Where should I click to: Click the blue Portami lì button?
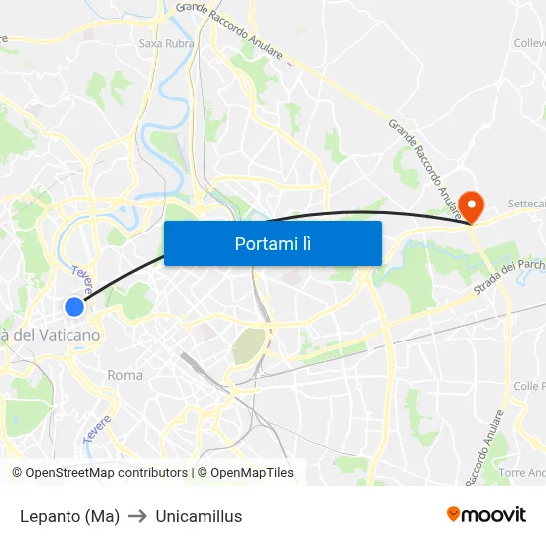pos(272,243)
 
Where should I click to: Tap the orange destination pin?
pos(474,204)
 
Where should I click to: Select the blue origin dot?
pos(74,307)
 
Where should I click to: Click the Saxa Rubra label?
pos(166,43)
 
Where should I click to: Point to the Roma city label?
pos(125,375)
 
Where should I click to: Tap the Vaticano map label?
pos(50,335)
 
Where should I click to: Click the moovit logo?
pos(485,514)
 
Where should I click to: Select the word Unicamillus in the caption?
pos(199,516)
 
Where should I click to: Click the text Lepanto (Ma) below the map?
pos(69,516)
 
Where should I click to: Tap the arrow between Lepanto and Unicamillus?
pos(137,516)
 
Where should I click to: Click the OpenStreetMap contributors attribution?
pos(100,473)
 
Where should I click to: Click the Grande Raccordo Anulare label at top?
pos(229,30)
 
